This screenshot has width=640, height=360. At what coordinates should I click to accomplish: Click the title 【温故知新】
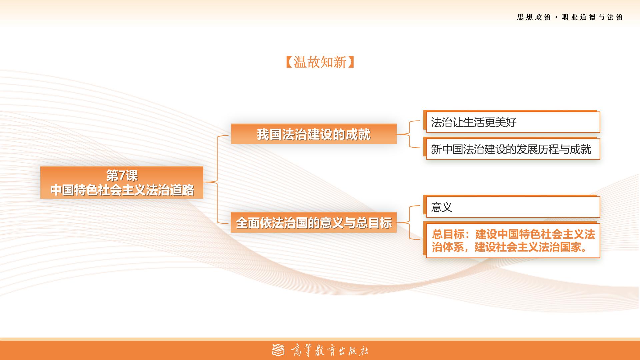click(x=320, y=62)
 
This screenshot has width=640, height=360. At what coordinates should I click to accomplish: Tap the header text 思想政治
click(x=534, y=17)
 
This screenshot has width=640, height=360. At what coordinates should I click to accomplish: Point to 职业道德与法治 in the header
click(x=592, y=17)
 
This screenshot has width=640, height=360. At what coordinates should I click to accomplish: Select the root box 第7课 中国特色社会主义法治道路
click(x=122, y=183)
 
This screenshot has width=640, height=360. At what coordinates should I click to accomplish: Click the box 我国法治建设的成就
click(x=314, y=134)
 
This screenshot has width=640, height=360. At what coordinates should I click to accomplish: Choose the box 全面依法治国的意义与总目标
click(x=314, y=222)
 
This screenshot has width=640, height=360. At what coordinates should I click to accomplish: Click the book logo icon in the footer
click(x=279, y=350)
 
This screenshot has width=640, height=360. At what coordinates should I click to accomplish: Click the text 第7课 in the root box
click(x=122, y=175)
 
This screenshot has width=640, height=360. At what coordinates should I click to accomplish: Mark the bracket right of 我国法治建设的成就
click(x=409, y=134)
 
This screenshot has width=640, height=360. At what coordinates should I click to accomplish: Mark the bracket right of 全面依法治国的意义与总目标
click(x=409, y=222)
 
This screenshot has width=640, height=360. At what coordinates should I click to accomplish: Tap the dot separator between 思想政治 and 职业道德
click(x=556, y=17)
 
